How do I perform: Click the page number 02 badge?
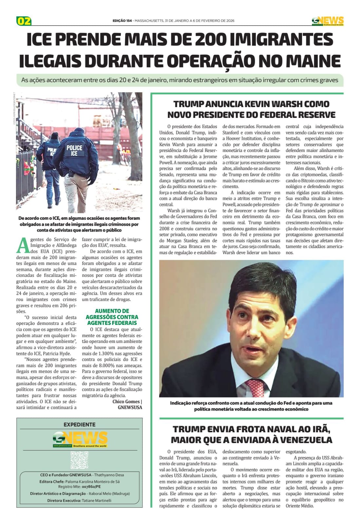[24, 21]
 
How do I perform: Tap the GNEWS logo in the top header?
[327, 21]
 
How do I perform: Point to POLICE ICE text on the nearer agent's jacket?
[74, 150]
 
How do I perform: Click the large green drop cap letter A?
[23, 245]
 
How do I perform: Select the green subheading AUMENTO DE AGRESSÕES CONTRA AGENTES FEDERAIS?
[112, 317]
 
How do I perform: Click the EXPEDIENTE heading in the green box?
[80, 424]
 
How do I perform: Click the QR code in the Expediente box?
[79, 460]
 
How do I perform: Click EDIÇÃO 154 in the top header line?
[122, 21]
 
